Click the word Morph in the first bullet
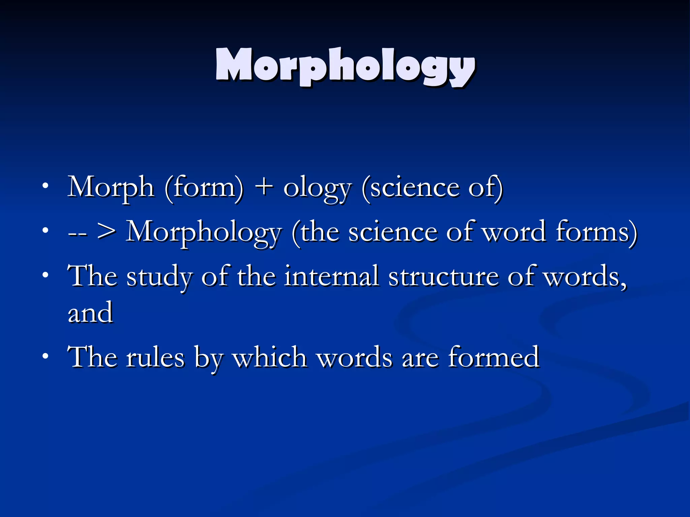pyautogui.click(x=111, y=188)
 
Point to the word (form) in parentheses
pyautogui.click(x=204, y=188)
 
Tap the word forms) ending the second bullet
pyautogui.click(x=596, y=232)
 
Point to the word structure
pyautogui.click(x=443, y=277)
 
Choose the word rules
pyautogui.click(x=155, y=357)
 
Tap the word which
pyautogui.click(x=270, y=357)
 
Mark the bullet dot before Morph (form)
pyautogui.click(x=45, y=186)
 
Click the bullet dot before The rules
pyautogui.click(x=45, y=356)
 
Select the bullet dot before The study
pyautogui.click(x=45, y=275)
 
